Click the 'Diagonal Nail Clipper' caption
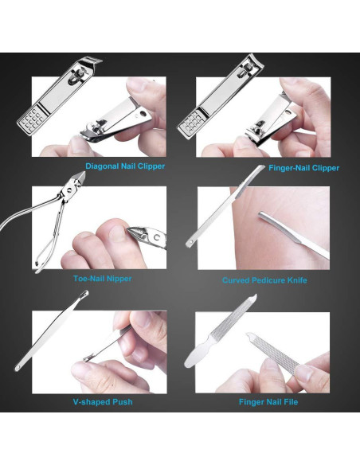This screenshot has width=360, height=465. [125, 166]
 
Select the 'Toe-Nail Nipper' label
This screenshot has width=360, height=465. [98, 279]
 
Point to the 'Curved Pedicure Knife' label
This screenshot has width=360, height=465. [264, 280]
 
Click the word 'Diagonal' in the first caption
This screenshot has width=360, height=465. [103, 166]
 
